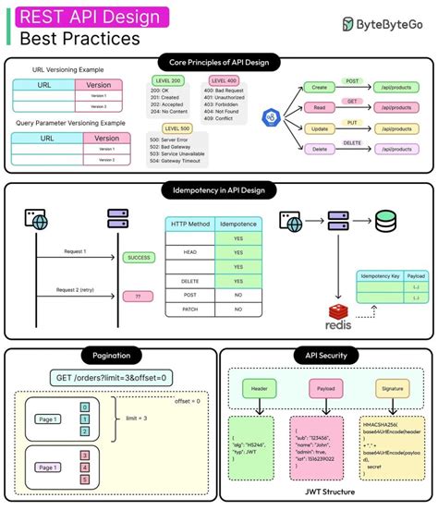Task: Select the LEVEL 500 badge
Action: [x=177, y=128]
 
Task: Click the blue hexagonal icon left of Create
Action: [x=271, y=117]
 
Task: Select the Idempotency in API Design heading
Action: [x=218, y=189]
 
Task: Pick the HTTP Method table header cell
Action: [x=189, y=225]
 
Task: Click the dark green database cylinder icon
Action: [x=387, y=221]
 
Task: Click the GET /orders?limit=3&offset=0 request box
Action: [x=112, y=377]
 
